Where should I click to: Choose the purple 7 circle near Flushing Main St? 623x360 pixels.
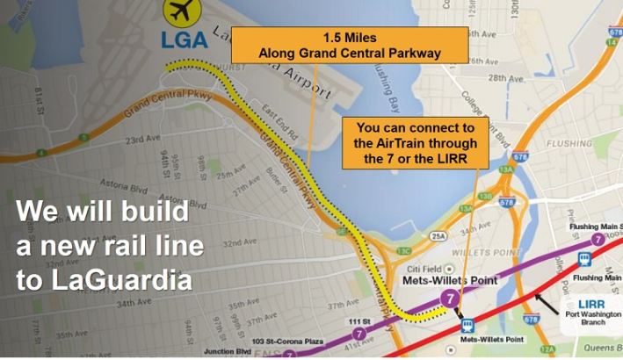(596, 239)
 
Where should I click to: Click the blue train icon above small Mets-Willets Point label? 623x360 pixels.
(469, 324)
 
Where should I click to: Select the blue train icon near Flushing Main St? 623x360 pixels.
(585, 259)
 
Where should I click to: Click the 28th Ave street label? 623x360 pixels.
(505, 78)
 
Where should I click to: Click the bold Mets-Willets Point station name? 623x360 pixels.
(448, 281)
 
